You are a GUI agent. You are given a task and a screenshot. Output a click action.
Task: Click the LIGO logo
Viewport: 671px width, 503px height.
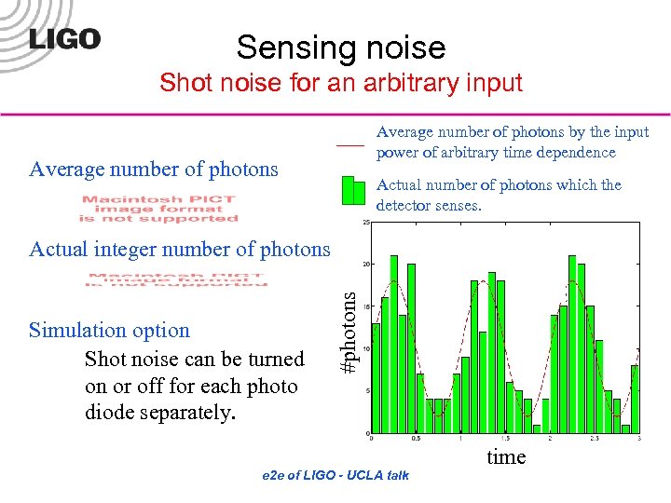click(64, 38)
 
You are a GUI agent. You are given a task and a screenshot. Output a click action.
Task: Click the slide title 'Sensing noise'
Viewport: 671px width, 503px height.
click(340, 47)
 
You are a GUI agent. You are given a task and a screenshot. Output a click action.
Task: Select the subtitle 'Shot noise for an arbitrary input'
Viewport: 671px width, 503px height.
click(340, 83)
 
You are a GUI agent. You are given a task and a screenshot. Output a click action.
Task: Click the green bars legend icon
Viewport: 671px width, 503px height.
click(353, 190)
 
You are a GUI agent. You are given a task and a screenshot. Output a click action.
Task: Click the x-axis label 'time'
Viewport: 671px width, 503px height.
click(506, 456)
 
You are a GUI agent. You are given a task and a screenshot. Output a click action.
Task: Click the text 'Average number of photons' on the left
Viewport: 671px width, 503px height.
click(154, 169)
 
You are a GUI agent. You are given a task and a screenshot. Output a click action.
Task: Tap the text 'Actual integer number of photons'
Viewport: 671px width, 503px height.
click(180, 249)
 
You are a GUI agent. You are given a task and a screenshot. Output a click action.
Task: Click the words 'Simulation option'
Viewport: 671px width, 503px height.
click(109, 330)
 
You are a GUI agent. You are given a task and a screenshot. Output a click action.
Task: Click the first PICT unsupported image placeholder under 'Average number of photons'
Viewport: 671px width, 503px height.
click(158, 209)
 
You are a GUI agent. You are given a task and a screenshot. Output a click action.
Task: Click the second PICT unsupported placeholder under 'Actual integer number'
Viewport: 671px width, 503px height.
click(178, 279)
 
